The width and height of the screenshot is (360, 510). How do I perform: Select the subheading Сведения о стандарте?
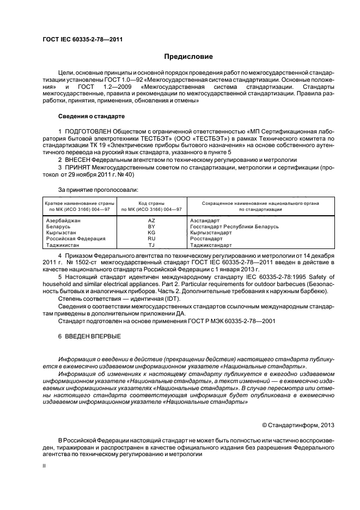[x=91, y=117]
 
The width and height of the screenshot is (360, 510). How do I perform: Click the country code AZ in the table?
[x=152, y=220]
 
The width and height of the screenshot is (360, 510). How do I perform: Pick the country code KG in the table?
[x=152, y=232]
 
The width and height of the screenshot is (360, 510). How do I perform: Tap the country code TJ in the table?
[x=152, y=245]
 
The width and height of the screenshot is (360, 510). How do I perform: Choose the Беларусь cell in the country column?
[x=58, y=226]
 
